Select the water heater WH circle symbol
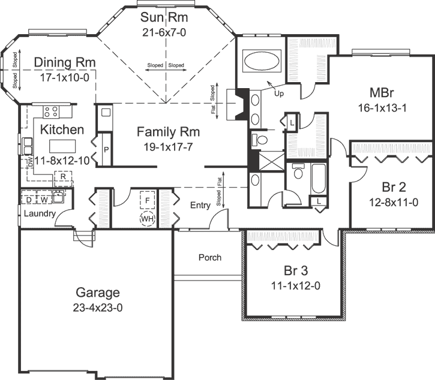click(x=148, y=219)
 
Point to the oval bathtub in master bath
click(x=262, y=62)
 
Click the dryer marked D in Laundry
click(x=29, y=198)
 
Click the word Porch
click(x=209, y=258)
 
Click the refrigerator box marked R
click(x=62, y=177)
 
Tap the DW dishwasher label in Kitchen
click(x=29, y=161)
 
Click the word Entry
click(x=200, y=206)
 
